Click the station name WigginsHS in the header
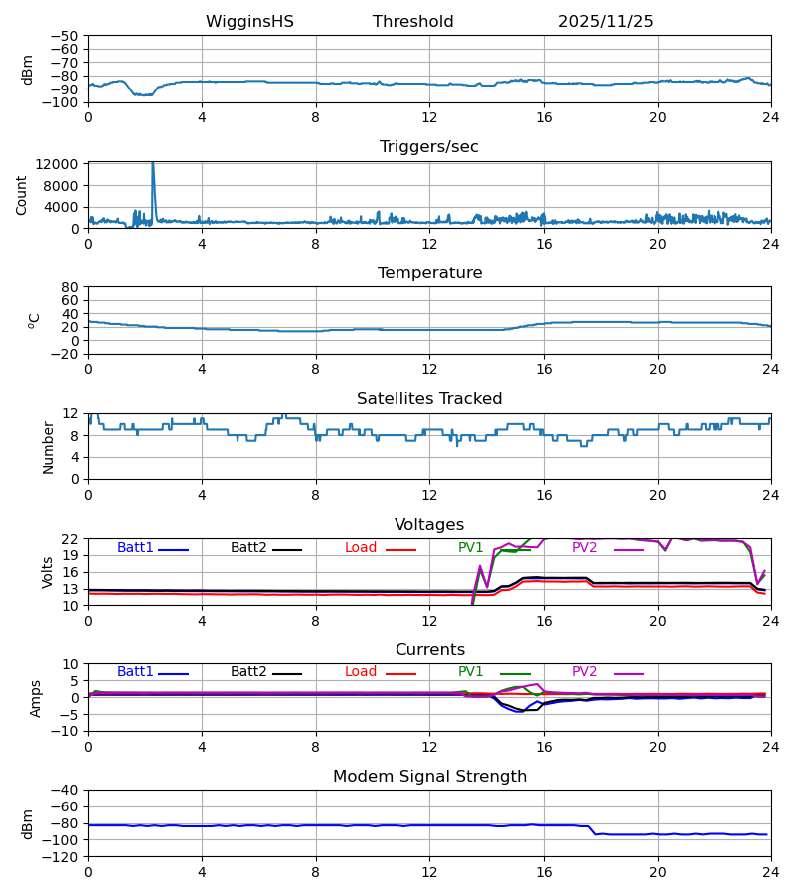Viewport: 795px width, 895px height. [x=249, y=22]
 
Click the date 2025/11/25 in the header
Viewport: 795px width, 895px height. [x=605, y=22]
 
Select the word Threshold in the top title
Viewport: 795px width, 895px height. [x=412, y=22]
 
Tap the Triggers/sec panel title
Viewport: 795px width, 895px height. [x=429, y=147]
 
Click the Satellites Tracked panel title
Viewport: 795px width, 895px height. [x=429, y=399]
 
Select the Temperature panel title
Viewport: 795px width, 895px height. [x=429, y=273]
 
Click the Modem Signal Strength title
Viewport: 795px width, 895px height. [x=429, y=777]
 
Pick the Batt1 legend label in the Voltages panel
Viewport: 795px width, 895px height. [x=135, y=548]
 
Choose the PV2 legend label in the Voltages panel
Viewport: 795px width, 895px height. [x=590, y=548]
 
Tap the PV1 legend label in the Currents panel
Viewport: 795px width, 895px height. [x=470, y=672]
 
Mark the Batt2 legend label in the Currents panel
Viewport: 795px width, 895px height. [x=248, y=672]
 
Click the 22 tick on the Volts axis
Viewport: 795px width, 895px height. [x=72, y=539]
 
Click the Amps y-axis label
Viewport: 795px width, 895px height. [x=36, y=698]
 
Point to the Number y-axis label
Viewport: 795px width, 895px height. [x=48, y=447]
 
